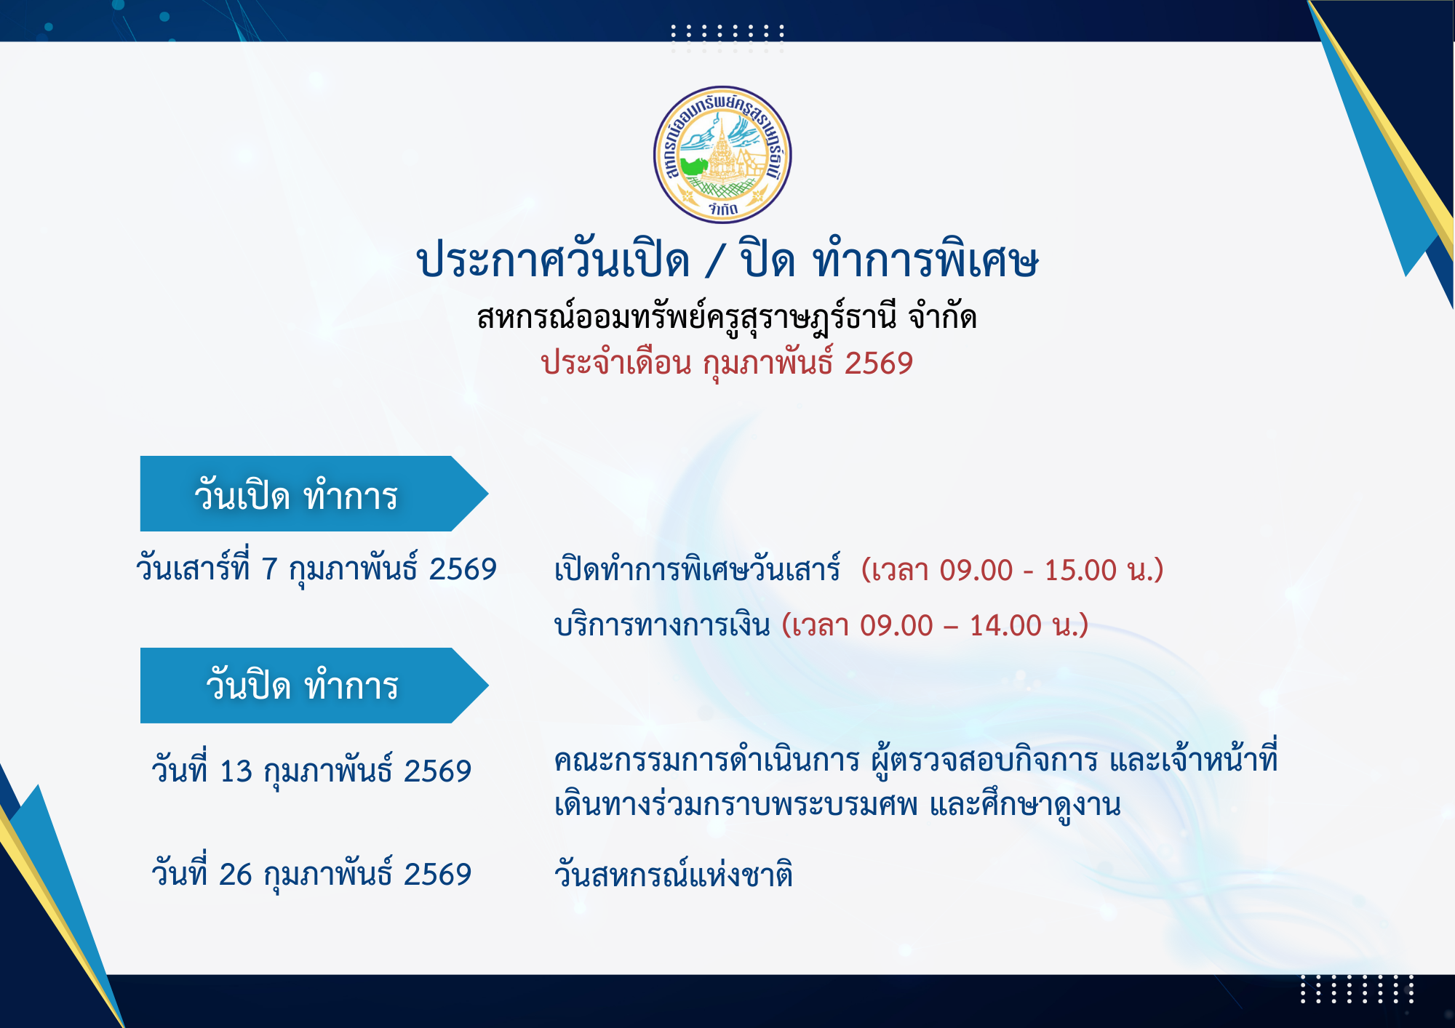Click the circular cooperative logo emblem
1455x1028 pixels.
(722, 155)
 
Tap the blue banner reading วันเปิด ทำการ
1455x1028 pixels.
(314, 494)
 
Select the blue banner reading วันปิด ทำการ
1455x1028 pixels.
(314, 686)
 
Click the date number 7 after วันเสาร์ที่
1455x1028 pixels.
(269, 569)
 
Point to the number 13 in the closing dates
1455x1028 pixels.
(236, 771)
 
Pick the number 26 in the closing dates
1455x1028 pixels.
(236, 875)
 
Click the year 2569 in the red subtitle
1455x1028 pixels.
(879, 364)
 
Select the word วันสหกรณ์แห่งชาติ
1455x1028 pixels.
(674, 873)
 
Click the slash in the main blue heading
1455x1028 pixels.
(715, 261)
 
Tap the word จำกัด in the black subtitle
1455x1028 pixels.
(943, 316)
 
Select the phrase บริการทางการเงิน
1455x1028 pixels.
(662, 625)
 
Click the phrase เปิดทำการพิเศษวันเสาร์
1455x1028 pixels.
(698, 569)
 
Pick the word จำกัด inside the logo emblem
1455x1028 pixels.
(723, 209)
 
